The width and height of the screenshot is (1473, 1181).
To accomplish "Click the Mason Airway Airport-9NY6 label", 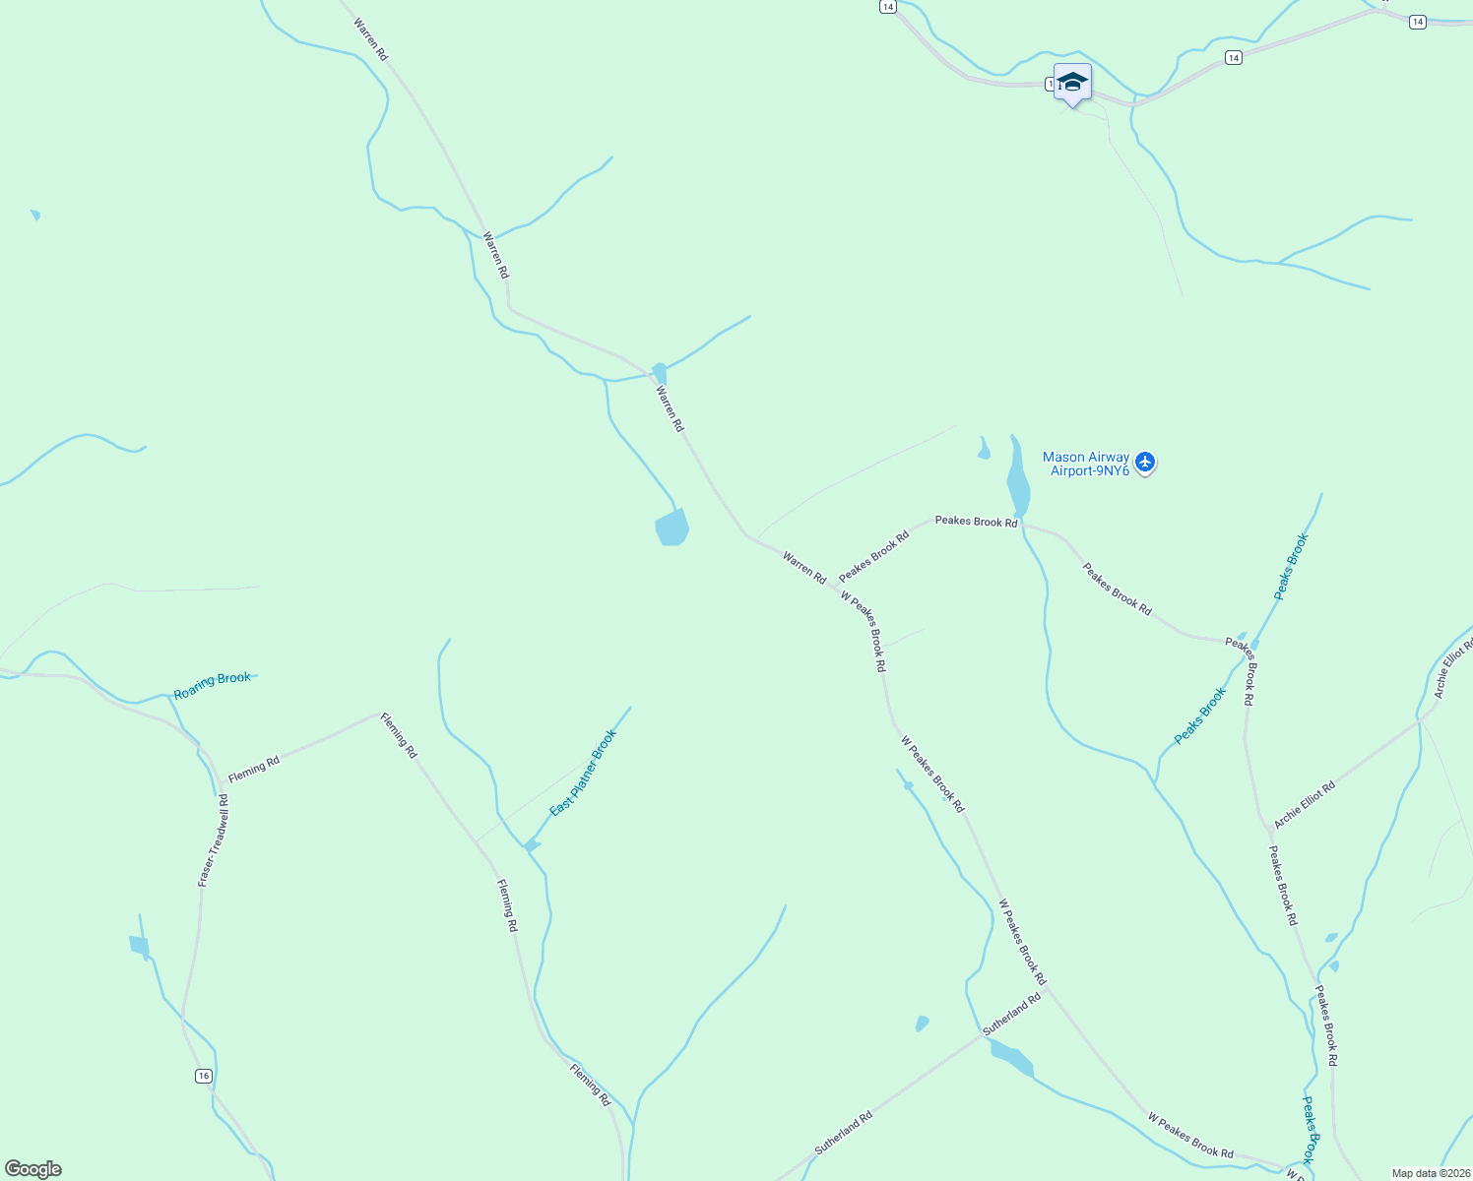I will point(1085,464).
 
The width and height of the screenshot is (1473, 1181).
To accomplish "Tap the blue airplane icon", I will point(1144,462).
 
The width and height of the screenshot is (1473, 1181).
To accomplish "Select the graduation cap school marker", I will point(1072,82).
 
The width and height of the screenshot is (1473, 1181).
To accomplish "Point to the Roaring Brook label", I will point(212,686).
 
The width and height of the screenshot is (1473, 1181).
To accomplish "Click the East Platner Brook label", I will point(583,773).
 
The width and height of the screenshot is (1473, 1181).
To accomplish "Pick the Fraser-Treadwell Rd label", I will point(213,840).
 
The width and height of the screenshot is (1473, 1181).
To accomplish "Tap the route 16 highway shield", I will point(203,1076).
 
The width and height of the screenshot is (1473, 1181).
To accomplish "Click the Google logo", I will point(33,1169).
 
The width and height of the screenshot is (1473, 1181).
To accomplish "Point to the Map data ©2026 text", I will point(1429,1173).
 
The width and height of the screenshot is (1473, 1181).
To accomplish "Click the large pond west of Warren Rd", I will point(672,528).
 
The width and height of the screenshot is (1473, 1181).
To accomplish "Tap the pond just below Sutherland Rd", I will point(1012,1059).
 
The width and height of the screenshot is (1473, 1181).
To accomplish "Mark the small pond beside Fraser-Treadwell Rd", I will point(139,946).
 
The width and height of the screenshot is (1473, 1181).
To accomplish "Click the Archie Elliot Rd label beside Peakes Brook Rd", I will point(1305,804).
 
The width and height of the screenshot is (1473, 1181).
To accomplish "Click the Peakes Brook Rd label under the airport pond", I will point(976,521).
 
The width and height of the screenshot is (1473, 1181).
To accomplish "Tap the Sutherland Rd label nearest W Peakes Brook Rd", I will point(1011,1014).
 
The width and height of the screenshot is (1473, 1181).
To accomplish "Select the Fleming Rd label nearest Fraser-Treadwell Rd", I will point(254,768).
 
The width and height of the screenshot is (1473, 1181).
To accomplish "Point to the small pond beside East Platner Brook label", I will point(532,845).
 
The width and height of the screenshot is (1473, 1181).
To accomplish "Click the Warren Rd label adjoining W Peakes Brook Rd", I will point(804,567).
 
